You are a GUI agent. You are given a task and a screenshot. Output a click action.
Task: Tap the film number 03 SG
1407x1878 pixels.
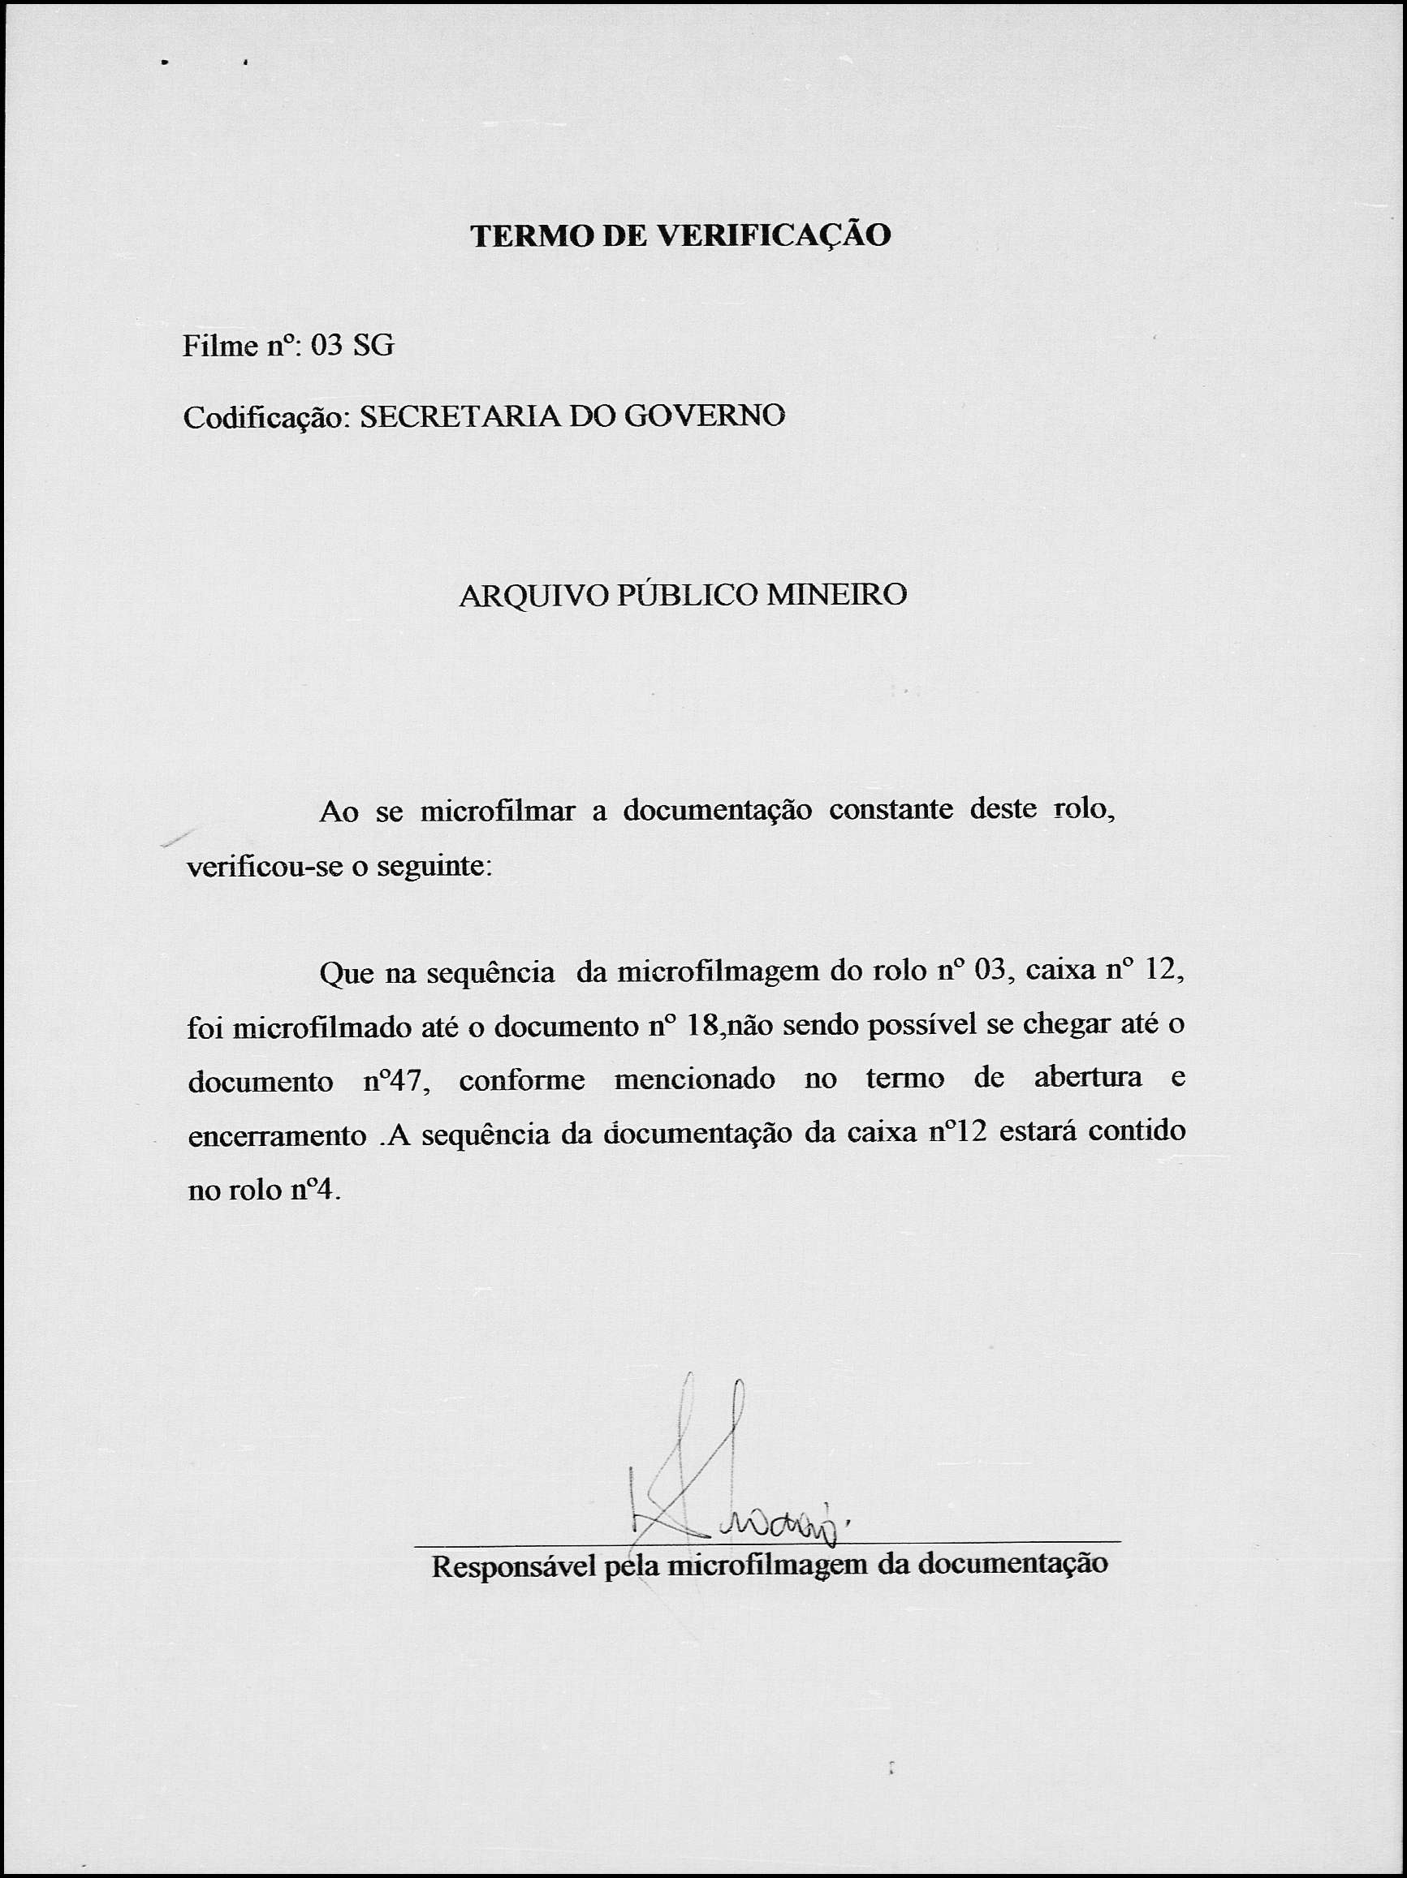pos(352,346)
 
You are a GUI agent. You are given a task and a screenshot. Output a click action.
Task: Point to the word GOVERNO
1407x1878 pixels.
pos(704,416)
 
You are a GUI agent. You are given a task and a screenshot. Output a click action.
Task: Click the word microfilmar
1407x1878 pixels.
pos(498,812)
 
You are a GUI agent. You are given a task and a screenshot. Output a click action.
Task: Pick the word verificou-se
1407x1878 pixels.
pos(261,868)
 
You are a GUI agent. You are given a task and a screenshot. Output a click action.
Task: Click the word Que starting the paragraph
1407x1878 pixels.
pos(347,973)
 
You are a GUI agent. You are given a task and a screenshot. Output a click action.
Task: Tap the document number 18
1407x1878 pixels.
pos(703,1027)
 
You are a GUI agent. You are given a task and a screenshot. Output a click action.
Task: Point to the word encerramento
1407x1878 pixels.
pos(277,1137)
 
